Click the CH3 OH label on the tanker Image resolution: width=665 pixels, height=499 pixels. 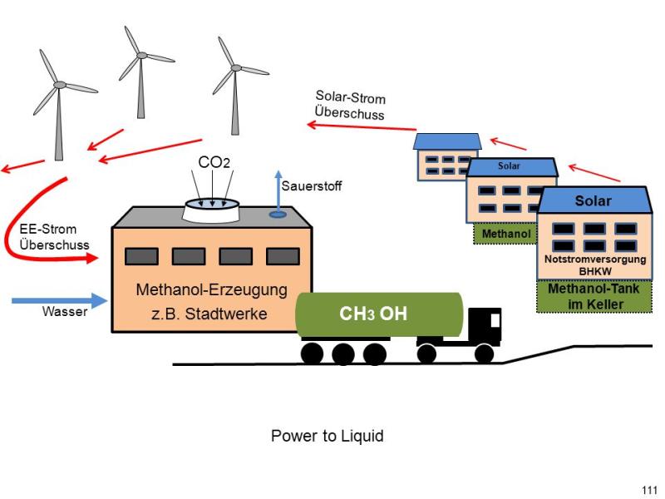[373, 314]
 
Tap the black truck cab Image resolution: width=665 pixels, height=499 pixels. [485, 326]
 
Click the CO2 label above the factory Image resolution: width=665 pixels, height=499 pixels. [214, 162]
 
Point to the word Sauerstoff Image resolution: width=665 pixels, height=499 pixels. [312, 185]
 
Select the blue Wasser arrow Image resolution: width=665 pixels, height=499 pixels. [60, 300]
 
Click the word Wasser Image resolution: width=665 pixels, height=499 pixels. [65, 311]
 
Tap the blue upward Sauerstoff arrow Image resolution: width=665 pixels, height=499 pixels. [278, 194]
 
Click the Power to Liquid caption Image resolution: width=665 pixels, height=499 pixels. [327, 436]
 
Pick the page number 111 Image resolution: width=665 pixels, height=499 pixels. [650, 490]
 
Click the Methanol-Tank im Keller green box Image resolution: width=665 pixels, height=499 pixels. [594, 297]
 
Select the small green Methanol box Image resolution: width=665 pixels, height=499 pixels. [505, 234]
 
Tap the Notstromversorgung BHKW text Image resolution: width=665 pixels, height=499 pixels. [595, 264]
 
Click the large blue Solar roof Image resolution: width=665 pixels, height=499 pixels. [594, 200]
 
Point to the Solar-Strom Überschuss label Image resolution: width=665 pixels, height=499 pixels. [350, 106]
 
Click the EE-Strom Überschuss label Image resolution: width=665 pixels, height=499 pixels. [54, 237]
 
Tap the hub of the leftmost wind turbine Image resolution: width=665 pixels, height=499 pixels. [60, 85]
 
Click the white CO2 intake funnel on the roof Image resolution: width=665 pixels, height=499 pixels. [212, 210]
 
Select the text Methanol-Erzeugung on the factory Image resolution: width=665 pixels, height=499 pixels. [212, 289]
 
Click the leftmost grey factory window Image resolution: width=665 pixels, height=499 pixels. [141, 256]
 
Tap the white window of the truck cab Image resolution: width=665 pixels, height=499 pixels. [495, 320]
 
